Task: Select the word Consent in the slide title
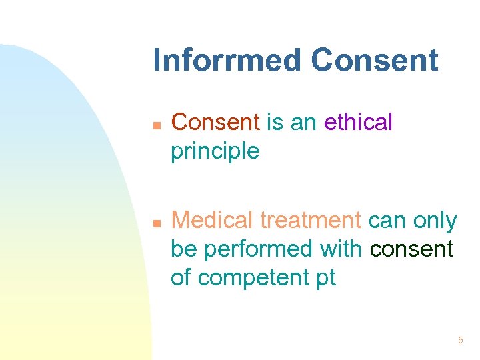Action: [x=375, y=60]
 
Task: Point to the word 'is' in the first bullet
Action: [x=275, y=123]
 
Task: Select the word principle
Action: [x=215, y=152]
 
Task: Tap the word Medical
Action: [x=213, y=220]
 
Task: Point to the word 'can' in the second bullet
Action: [x=387, y=221]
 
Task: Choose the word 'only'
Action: [x=435, y=220]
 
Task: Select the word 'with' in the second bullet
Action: [x=340, y=249]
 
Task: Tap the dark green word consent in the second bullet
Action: [x=412, y=250]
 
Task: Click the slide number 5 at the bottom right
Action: [x=460, y=341]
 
